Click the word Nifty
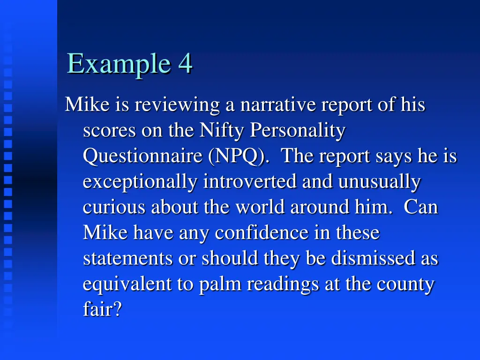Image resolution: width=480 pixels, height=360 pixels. (x=220, y=130)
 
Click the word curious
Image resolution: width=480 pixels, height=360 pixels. (x=114, y=207)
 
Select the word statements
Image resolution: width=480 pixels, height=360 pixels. (x=128, y=258)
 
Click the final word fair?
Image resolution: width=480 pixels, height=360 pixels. (x=102, y=310)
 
